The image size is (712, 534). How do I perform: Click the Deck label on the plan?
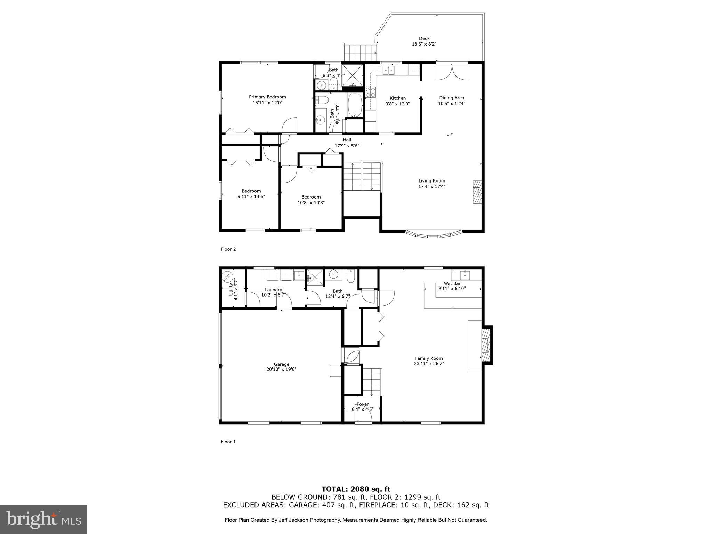point(424,38)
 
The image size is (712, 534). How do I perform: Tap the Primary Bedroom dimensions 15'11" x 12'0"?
point(267,103)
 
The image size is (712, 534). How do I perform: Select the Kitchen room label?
point(397,98)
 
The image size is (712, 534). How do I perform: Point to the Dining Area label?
point(451,98)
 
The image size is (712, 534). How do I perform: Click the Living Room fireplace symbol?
point(477,192)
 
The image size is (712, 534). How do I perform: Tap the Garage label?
point(281,364)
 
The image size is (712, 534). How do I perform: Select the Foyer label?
point(362,404)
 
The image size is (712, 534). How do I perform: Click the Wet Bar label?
point(452,283)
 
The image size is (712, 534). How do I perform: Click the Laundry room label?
point(273,290)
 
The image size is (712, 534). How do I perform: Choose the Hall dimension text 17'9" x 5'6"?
point(347,146)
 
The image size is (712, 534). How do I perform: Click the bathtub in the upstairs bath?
point(355,105)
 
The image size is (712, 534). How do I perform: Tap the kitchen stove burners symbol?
point(370,92)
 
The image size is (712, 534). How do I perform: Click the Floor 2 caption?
point(228,249)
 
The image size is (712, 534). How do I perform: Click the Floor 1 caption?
point(228,442)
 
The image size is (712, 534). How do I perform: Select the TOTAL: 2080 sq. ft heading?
point(356,489)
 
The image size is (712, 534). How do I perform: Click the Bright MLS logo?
point(43,519)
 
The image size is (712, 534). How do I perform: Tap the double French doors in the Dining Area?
point(452,72)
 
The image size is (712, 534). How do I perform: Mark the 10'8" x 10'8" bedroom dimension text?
point(311,203)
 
